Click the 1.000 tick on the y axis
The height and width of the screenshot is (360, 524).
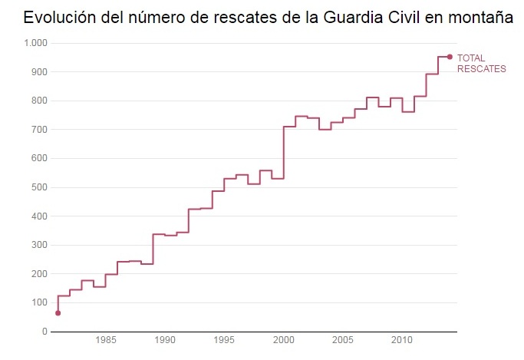click(35, 44)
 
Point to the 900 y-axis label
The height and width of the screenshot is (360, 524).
click(38, 72)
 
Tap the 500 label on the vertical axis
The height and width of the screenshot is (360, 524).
click(38, 187)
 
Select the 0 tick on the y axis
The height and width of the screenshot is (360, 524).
click(44, 332)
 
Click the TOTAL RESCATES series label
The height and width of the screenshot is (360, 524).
click(481, 64)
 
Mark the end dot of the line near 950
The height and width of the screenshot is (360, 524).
click(450, 57)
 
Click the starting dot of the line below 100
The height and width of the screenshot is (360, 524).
click(58, 312)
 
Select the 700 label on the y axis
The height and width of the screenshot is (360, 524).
click(38, 130)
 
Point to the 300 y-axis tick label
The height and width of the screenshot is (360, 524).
click(38, 245)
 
